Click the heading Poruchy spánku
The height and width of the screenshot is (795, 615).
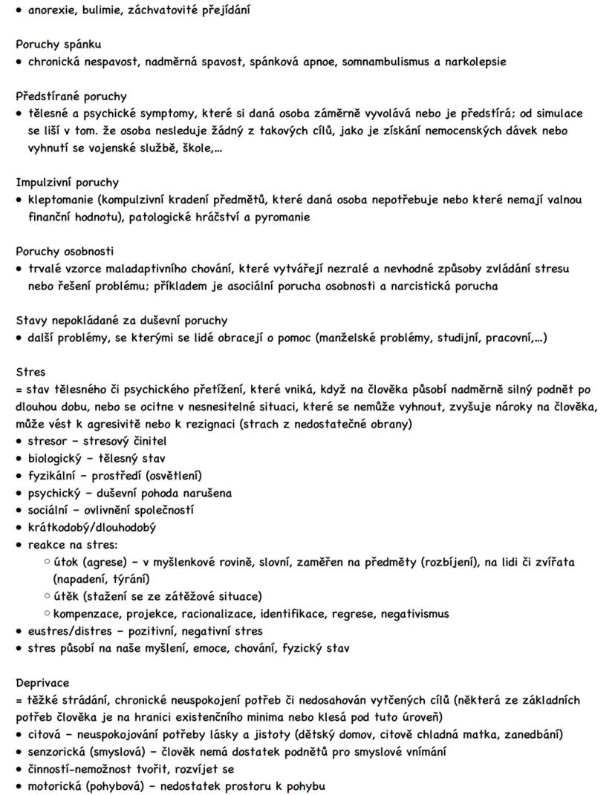pyautogui.click(x=59, y=45)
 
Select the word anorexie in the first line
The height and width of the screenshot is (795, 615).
pyautogui.click(x=53, y=10)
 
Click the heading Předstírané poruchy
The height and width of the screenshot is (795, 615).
pyautogui.click(x=71, y=96)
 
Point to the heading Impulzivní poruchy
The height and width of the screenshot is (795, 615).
pyautogui.click(x=68, y=183)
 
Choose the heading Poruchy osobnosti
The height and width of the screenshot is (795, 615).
pyautogui.click(x=65, y=252)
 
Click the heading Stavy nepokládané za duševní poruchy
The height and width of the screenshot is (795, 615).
pyautogui.click(x=122, y=321)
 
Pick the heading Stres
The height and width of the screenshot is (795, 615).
pyautogui.click(x=30, y=372)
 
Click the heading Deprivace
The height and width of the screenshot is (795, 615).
pyautogui.click(x=43, y=683)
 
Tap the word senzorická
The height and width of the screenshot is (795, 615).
pyautogui.click(x=59, y=752)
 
